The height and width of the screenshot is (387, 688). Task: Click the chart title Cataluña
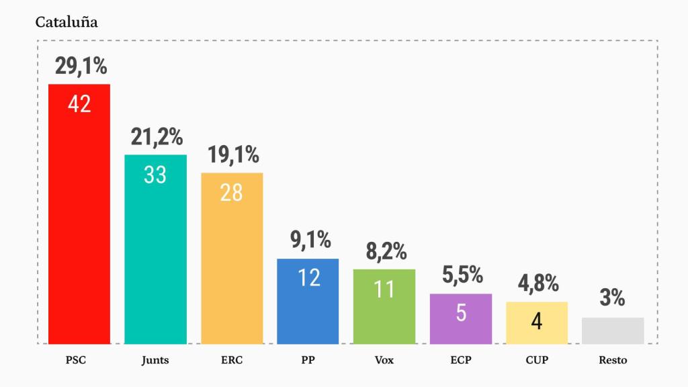[x=67, y=22]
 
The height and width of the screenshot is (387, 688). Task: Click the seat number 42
[x=79, y=104]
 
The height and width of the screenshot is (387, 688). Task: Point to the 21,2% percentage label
[x=156, y=137]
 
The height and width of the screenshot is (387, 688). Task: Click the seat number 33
[x=155, y=175]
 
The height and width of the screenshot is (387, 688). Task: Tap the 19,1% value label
[x=232, y=155]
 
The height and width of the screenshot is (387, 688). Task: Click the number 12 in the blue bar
[x=308, y=277]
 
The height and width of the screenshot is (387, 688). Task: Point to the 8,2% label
[x=384, y=252]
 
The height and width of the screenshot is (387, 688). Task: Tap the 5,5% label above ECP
[x=462, y=275]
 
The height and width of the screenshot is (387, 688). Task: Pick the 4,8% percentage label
[x=537, y=284]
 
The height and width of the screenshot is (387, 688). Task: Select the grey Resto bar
[x=613, y=331]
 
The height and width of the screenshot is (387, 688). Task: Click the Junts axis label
[x=155, y=360]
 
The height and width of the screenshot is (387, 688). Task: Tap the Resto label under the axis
[x=613, y=360]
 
